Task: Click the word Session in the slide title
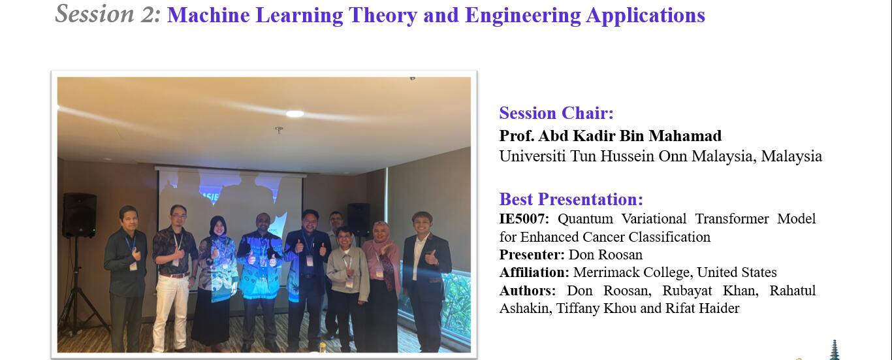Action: tap(95, 14)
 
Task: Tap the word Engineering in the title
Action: tap(522, 16)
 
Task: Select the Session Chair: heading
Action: tap(556, 113)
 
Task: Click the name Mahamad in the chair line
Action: tap(685, 136)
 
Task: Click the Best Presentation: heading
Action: tap(571, 199)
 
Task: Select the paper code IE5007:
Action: tap(524, 219)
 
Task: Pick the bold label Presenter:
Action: tap(532, 254)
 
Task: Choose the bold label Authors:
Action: tap(527, 291)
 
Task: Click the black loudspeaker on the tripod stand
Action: tap(79, 215)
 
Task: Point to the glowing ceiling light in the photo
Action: tap(295, 114)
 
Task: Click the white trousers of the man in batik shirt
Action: tap(172, 312)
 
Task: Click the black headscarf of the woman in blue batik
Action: tap(218, 227)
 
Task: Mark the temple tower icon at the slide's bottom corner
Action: tap(834, 350)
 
